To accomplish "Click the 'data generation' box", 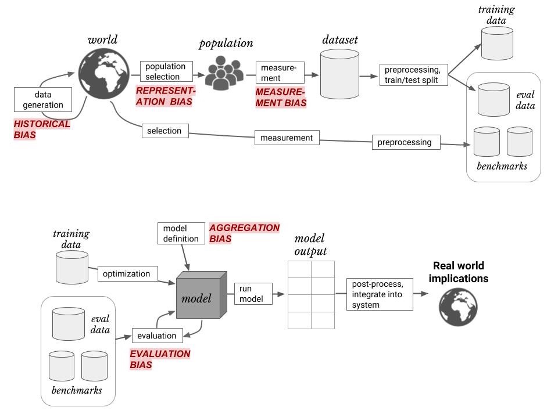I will pyautogui.click(x=43, y=100).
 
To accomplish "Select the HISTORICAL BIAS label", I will pyautogui.click(x=41, y=129).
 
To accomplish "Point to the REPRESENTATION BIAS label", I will pyautogui.click(x=166, y=96).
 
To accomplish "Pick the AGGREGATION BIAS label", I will pyautogui.click(x=244, y=233).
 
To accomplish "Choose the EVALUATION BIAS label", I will pyautogui.click(x=159, y=359).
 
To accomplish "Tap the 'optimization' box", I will pyautogui.click(x=127, y=273).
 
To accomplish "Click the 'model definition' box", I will pyautogui.click(x=181, y=233).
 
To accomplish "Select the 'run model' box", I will pyautogui.click(x=253, y=294).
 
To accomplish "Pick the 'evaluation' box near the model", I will pyautogui.click(x=158, y=336).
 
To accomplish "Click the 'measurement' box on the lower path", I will pyautogui.click(x=287, y=138).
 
